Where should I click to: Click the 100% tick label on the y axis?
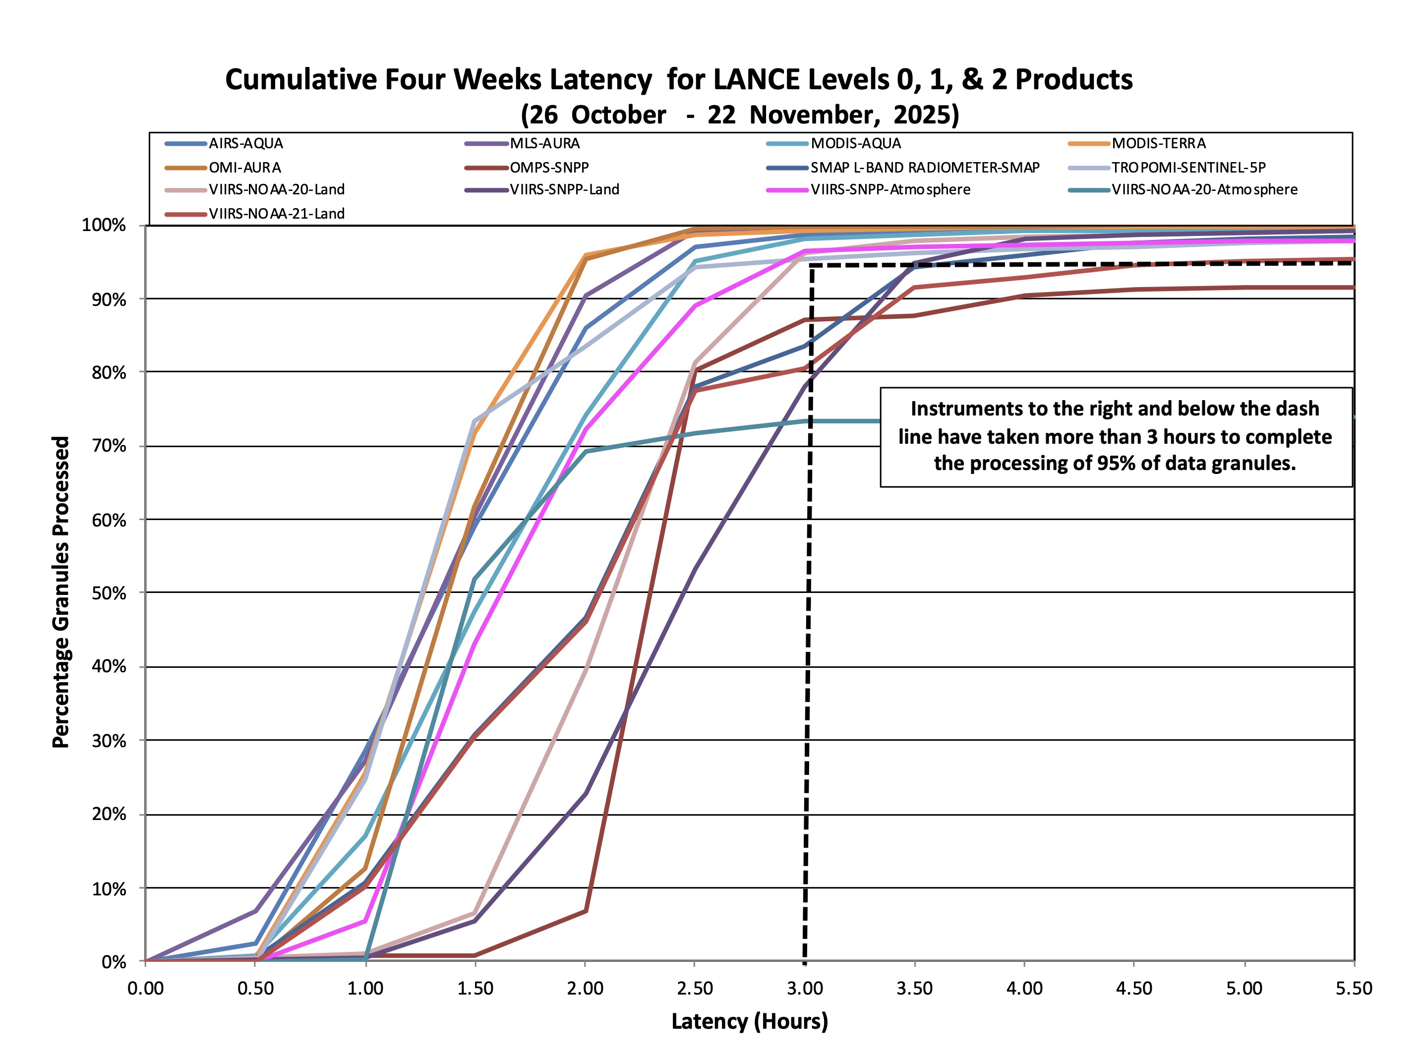point(104,225)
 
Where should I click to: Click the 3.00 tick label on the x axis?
point(805,989)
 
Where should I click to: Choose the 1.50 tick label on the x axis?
point(474,989)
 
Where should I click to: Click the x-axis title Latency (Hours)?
point(749,1021)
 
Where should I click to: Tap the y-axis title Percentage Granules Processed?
point(61,592)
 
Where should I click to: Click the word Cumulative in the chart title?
point(300,80)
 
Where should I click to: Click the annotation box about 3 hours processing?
point(1115,437)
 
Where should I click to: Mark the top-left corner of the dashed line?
point(811,265)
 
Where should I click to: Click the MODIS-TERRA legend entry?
point(1158,144)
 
